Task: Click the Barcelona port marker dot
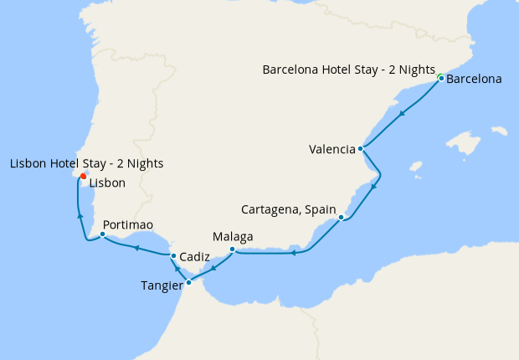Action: tap(440, 79)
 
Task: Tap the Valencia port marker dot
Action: tap(360, 149)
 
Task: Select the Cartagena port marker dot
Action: tap(341, 218)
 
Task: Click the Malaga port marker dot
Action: tap(232, 249)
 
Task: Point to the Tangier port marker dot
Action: tap(188, 282)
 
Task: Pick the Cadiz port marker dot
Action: tap(172, 255)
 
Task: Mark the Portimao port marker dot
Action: tap(102, 234)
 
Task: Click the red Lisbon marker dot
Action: tap(83, 176)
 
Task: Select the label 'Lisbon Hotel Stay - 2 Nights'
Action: tap(86, 163)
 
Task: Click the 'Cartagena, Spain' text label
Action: tap(288, 208)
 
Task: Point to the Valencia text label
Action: tap(331, 150)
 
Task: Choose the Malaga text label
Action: tap(233, 237)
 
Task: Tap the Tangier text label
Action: tap(162, 285)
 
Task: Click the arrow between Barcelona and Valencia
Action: tap(403, 114)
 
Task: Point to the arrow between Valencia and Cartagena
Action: tap(373, 186)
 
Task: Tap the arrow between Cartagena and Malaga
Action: tap(293, 253)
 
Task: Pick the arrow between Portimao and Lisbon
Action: tap(80, 215)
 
